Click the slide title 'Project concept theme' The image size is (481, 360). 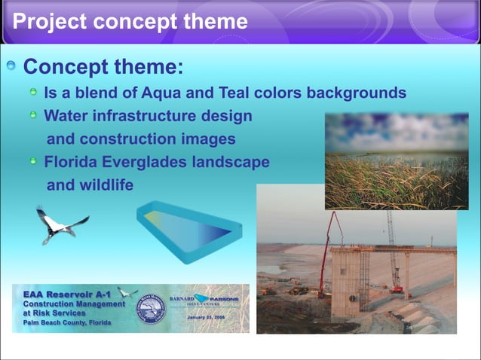pos(130,21)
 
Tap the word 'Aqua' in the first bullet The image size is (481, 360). pos(177,93)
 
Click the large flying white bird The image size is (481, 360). pos(60,224)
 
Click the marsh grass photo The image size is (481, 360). pos(396,162)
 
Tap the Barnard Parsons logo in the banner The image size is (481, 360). pos(205,301)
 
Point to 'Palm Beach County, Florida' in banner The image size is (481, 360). pos(66,322)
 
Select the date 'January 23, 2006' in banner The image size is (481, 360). pos(205,318)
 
